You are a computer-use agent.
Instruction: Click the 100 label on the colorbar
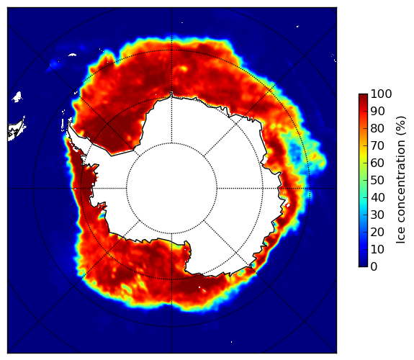pyautogui.click(x=381, y=94)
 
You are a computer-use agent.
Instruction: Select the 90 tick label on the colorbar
pyautogui.click(x=377, y=111)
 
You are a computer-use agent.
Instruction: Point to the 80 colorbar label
pyautogui.click(x=377, y=129)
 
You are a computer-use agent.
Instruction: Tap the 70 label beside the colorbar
pyautogui.click(x=377, y=145)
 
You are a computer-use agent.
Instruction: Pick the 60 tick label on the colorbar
pyautogui.click(x=377, y=163)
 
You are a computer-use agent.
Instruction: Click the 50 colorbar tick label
pyautogui.click(x=377, y=181)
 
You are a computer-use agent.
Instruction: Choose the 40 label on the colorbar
pyautogui.click(x=377, y=197)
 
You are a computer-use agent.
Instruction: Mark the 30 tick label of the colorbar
pyautogui.click(x=377, y=215)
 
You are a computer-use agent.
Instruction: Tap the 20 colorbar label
pyautogui.click(x=377, y=232)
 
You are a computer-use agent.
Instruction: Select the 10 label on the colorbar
pyautogui.click(x=377, y=249)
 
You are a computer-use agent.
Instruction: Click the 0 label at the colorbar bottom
pyautogui.click(x=374, y=267)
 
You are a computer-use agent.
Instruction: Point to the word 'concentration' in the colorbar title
pyautogui.click(x=400, y=182)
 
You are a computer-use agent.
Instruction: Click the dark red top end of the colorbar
pyautogui.click(x=363, y=96)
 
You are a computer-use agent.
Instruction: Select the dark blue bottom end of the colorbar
pyautogui.click(x=363, y=265)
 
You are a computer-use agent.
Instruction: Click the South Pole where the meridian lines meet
pyautogui.click(x=171, y=189)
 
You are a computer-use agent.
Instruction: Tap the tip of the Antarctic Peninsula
pyautogui.click(x=69, y=124)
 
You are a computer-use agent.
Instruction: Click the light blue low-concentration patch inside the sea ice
pyautogui.click(x=295, y=153)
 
